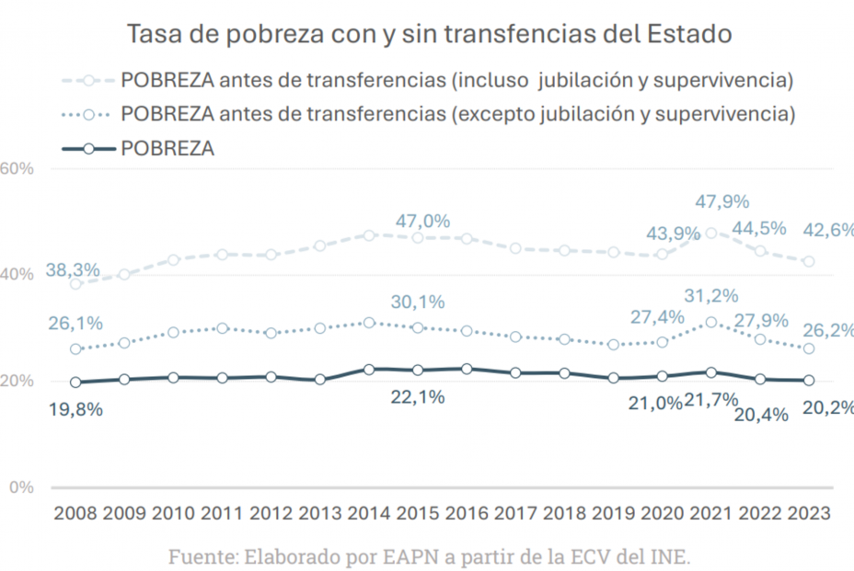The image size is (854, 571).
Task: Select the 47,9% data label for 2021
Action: pos(722,201)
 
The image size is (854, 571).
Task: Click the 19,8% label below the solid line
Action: pos(75,409)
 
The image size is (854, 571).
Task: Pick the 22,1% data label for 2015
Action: pos(420,396)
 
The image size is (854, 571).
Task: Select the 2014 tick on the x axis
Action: pos(369,513)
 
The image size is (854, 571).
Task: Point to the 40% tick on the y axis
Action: pos(17,275)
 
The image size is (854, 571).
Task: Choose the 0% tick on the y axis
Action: pos(21,486)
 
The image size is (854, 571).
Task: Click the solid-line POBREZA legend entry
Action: pos(138,148)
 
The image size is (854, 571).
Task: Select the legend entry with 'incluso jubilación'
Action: pos(429,80)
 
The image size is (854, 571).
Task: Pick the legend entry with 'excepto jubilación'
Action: pos(429,114)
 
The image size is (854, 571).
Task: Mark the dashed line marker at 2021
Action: pos(711,234)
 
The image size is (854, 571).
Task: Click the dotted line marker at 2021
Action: pos(711,323)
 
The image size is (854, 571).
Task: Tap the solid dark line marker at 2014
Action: pos(369,369)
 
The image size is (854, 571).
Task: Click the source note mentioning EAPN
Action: pos(428,556)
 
